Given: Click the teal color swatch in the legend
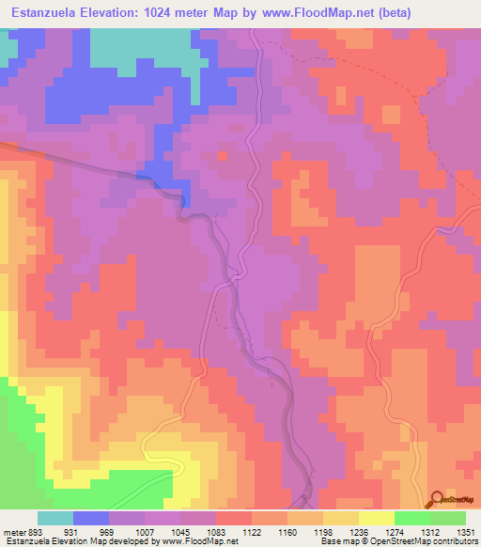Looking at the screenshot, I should click(55, 519).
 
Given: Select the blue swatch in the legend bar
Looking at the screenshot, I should click(91, 519).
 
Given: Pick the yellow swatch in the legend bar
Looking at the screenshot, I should click(377, 519).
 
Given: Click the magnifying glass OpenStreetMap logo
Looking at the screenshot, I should click(439, 498).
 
